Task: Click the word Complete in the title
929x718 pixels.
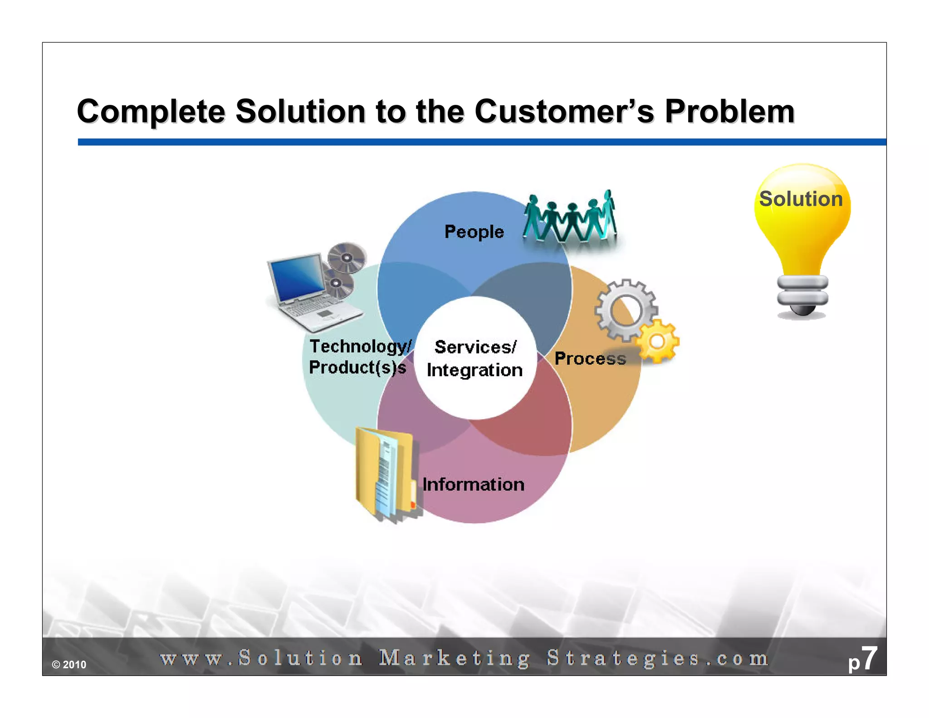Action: [151, 112]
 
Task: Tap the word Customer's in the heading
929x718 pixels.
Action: [564, 112]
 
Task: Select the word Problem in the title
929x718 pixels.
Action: [729, 112]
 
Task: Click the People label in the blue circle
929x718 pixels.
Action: [474, 232]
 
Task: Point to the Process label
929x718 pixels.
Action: [590, 359]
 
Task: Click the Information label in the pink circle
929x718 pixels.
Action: [474, 485]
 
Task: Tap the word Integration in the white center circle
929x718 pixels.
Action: [474, 370]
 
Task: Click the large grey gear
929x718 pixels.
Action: [626, 310]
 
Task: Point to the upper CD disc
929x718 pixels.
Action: [347, 258]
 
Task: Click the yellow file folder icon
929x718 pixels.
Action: [386, 474]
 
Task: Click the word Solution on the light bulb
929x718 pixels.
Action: [801, 199]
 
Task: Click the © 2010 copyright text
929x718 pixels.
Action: [69, 665]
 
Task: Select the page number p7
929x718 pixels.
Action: [862, 659]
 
